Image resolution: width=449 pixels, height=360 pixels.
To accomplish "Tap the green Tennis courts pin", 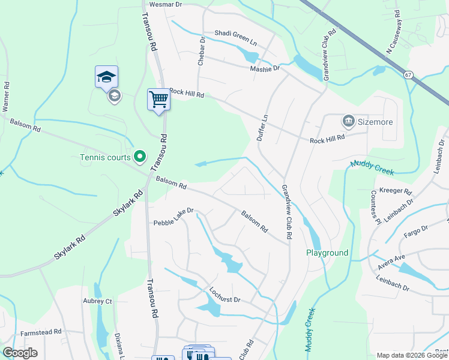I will point(140,157).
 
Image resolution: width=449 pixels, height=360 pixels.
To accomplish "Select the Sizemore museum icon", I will point(348,122).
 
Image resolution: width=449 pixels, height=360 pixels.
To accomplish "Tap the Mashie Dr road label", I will point(265,68).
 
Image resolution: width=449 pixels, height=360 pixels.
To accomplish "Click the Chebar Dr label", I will point(202,51).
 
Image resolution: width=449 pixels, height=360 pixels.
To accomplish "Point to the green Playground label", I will point(327,253).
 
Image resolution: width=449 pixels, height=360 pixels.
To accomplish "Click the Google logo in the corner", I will point(20,353).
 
